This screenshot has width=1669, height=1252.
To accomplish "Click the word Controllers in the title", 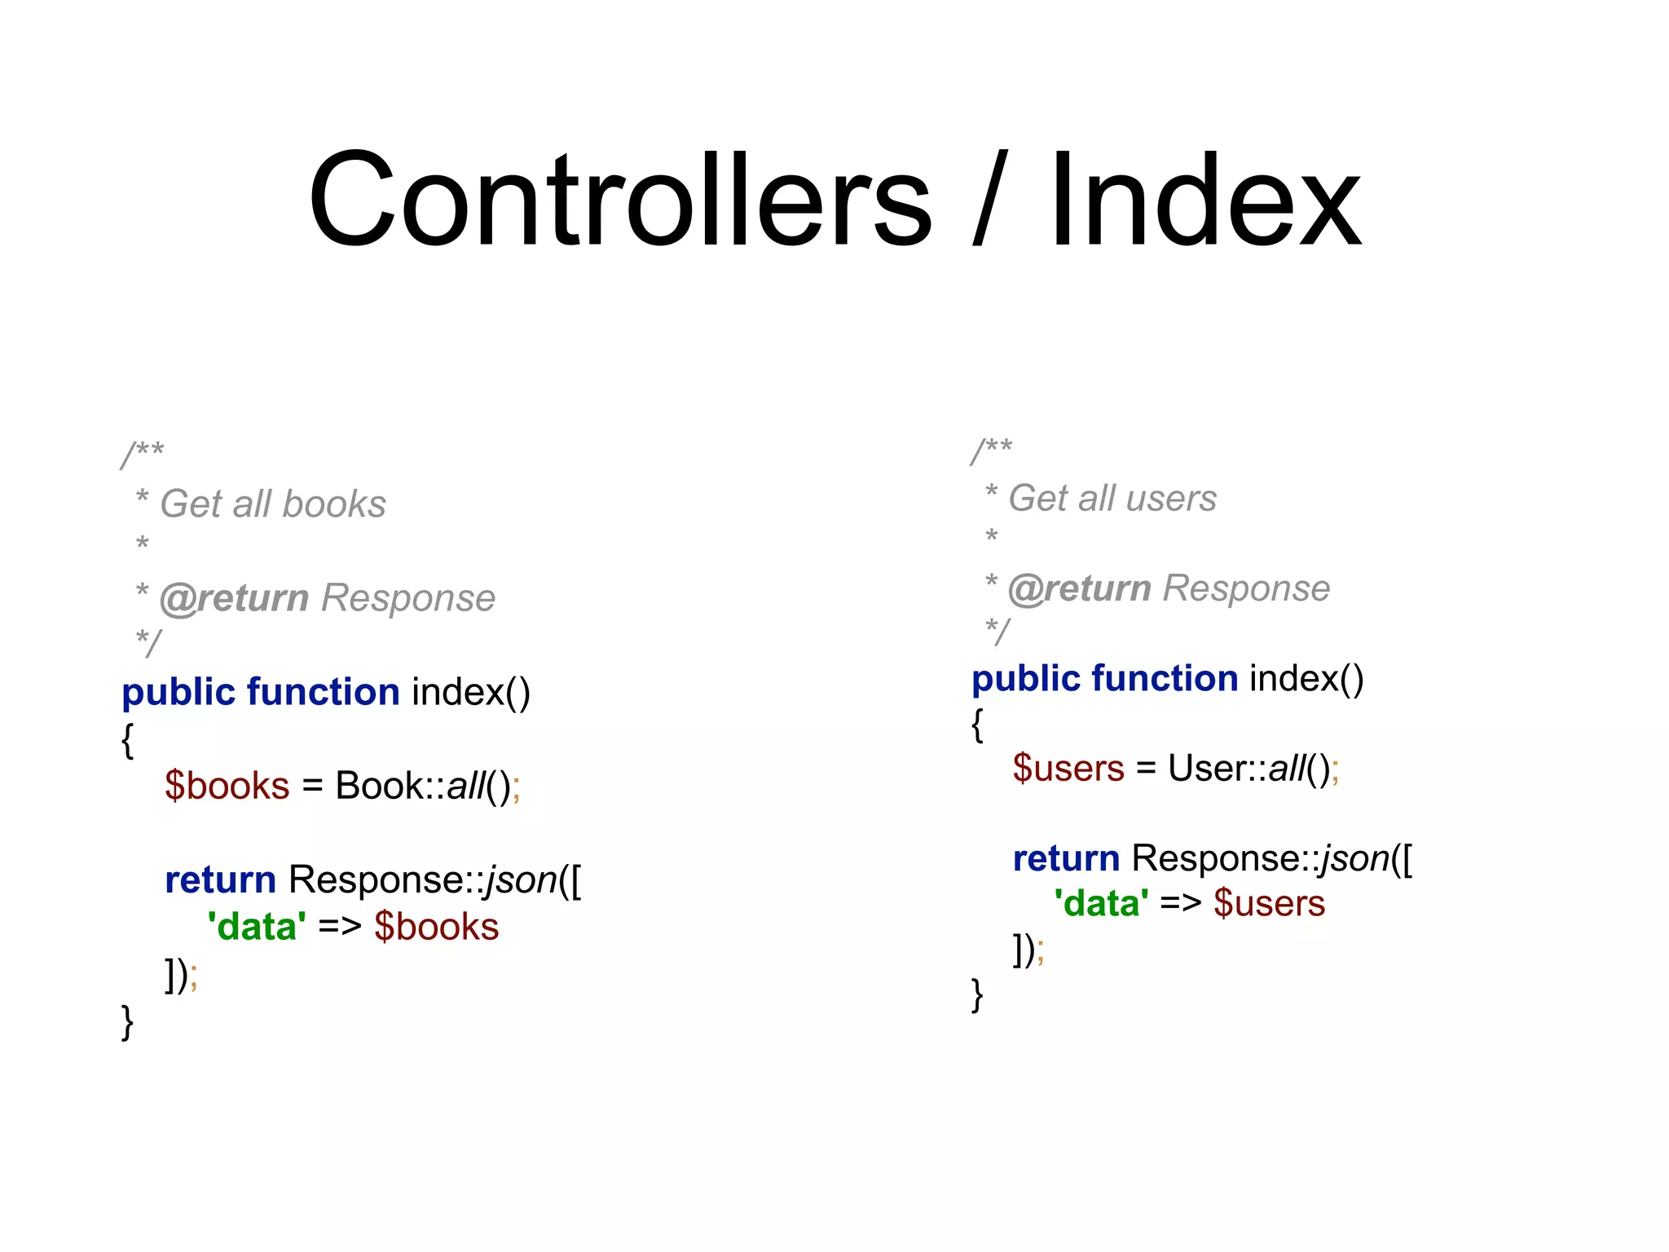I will point(619,200).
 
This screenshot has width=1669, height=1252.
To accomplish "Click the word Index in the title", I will point(1204,200).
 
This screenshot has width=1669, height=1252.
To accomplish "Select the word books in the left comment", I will point(334,505).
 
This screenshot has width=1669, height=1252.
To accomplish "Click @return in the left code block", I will point(235,598).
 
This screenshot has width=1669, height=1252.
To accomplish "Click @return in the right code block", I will point(1080,589).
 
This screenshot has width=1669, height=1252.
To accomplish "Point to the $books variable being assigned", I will point(227,786).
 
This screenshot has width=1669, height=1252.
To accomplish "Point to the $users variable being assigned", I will point(1068,769).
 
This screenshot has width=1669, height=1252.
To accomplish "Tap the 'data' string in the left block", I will point(257,927).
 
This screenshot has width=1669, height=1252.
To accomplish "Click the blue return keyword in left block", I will point(220,880).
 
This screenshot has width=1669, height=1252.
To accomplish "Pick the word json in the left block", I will point(521,880).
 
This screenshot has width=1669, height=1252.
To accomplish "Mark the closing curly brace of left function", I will point(127,1021).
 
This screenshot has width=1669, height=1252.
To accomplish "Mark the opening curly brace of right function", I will point(977,724).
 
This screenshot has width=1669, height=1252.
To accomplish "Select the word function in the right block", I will point(1165,679).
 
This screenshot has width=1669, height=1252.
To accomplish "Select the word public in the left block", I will point(178,693).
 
